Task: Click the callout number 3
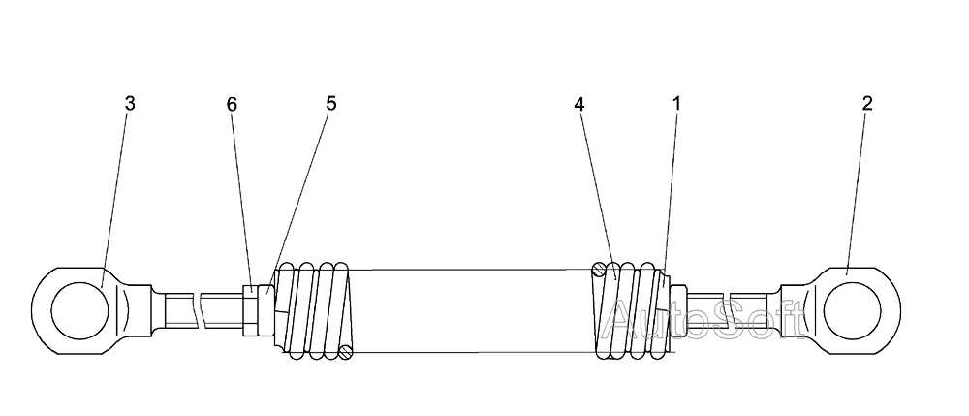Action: point(130,104)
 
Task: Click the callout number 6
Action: point(232,104)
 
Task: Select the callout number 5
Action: point(331,103)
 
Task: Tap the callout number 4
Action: point(578,104)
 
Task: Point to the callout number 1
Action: point(675,104)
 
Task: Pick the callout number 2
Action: point(867,103)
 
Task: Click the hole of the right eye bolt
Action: point(853,310)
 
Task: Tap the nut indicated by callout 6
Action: point(251,309)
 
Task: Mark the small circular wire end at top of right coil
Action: point(601,269)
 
